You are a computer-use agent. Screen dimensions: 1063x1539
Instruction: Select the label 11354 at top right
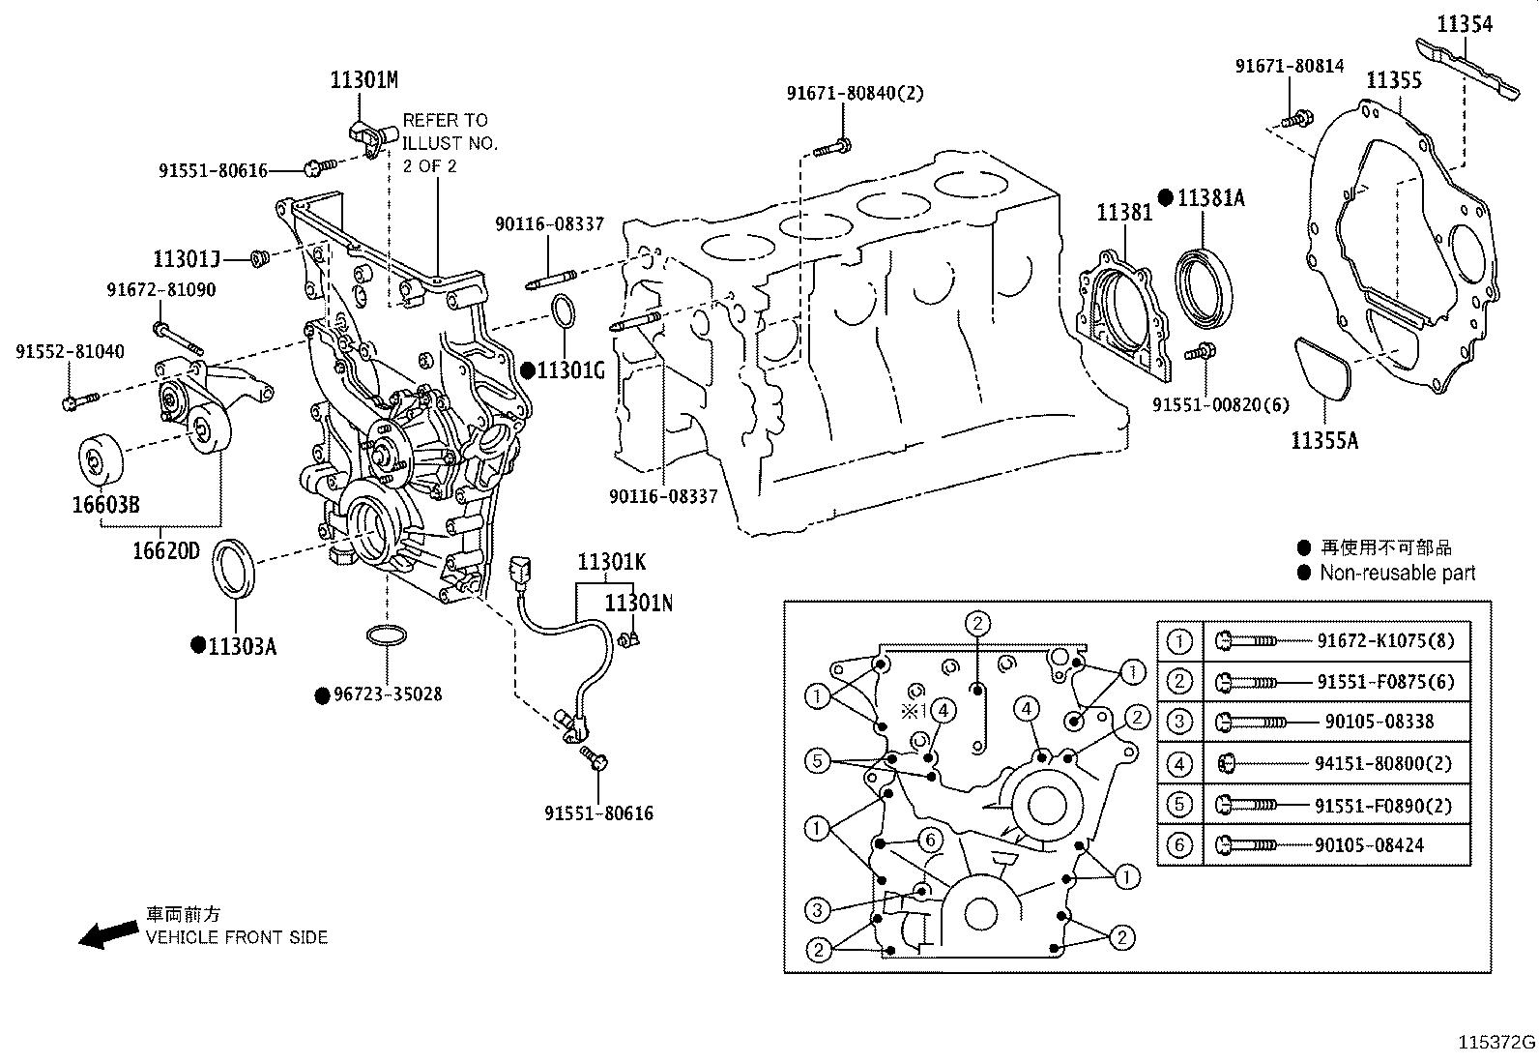(x=1464, y=23)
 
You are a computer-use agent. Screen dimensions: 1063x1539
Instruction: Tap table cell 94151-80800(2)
(x=1382, y=764)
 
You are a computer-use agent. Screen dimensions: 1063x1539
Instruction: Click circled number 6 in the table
(x=1179, y=845)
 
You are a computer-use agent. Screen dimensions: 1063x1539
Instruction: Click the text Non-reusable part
(x=1397, y=573)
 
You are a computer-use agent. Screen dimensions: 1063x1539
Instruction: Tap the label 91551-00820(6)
(x=1220, y=405)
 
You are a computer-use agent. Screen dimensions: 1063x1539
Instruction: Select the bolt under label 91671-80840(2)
(x=834, y=149)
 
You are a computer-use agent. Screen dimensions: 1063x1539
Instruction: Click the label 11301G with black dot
(x=568, y=370)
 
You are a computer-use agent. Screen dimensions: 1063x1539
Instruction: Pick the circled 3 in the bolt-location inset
(x=818, y=909)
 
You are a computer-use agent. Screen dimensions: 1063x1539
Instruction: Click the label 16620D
(x=166, y=550)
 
